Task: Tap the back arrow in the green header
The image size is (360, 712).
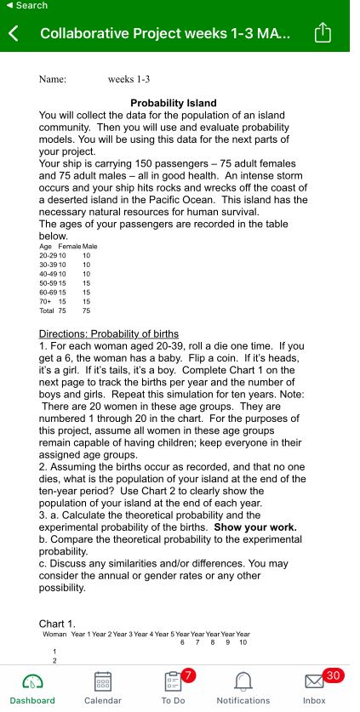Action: pos(14,34)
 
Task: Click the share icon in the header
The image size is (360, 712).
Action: pos(323,33)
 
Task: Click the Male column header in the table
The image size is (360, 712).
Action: pos(90,247)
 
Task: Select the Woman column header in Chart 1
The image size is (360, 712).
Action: pos(55,635)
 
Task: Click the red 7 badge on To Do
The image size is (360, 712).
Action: pos(189,675)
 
